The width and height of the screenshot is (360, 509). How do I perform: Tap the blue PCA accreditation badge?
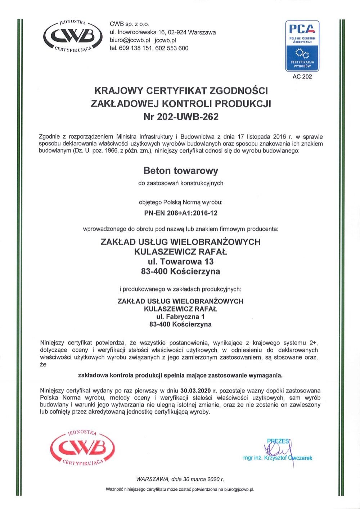click(302, 45)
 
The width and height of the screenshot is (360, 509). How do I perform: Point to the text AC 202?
click(302, 76)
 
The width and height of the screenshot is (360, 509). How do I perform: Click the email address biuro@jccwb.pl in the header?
click(132, 40)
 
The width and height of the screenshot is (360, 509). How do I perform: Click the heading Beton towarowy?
click(181, 170)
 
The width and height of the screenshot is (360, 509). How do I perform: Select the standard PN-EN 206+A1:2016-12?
click(181, 213)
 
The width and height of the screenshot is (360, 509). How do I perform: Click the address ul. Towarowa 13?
click(181, 261)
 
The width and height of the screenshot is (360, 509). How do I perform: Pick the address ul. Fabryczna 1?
click(180, 317)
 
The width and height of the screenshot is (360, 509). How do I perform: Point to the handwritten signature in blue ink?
click(279, 450)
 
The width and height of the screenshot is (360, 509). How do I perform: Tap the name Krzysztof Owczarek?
click(288, 458)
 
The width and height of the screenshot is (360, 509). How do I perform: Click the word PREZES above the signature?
click(278, 441)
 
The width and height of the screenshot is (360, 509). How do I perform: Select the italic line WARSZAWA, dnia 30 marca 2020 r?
click(180, 479)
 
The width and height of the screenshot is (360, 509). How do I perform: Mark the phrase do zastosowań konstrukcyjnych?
click(181, 183)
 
